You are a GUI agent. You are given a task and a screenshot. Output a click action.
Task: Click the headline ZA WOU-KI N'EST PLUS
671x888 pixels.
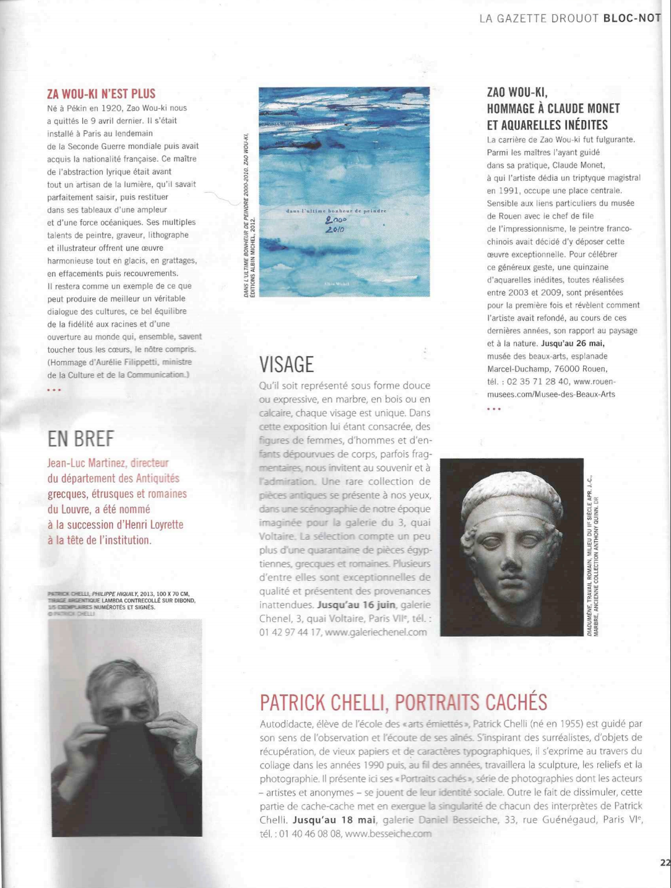(x=101, y=94)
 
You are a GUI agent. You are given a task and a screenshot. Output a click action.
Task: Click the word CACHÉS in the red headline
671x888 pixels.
(x=516, y=702)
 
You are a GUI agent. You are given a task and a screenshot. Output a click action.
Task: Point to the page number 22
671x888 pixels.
(x=665, y=861)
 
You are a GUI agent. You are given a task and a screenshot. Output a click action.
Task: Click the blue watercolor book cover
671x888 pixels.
(x=344, y=192)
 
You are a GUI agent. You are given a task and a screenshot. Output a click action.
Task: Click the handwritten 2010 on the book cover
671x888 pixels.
(x=335, y=230)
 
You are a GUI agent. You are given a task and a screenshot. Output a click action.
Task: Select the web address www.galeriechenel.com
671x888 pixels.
(x=375, y=632)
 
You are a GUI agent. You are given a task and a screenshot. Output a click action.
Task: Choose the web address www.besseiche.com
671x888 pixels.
(x=387, y=834)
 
